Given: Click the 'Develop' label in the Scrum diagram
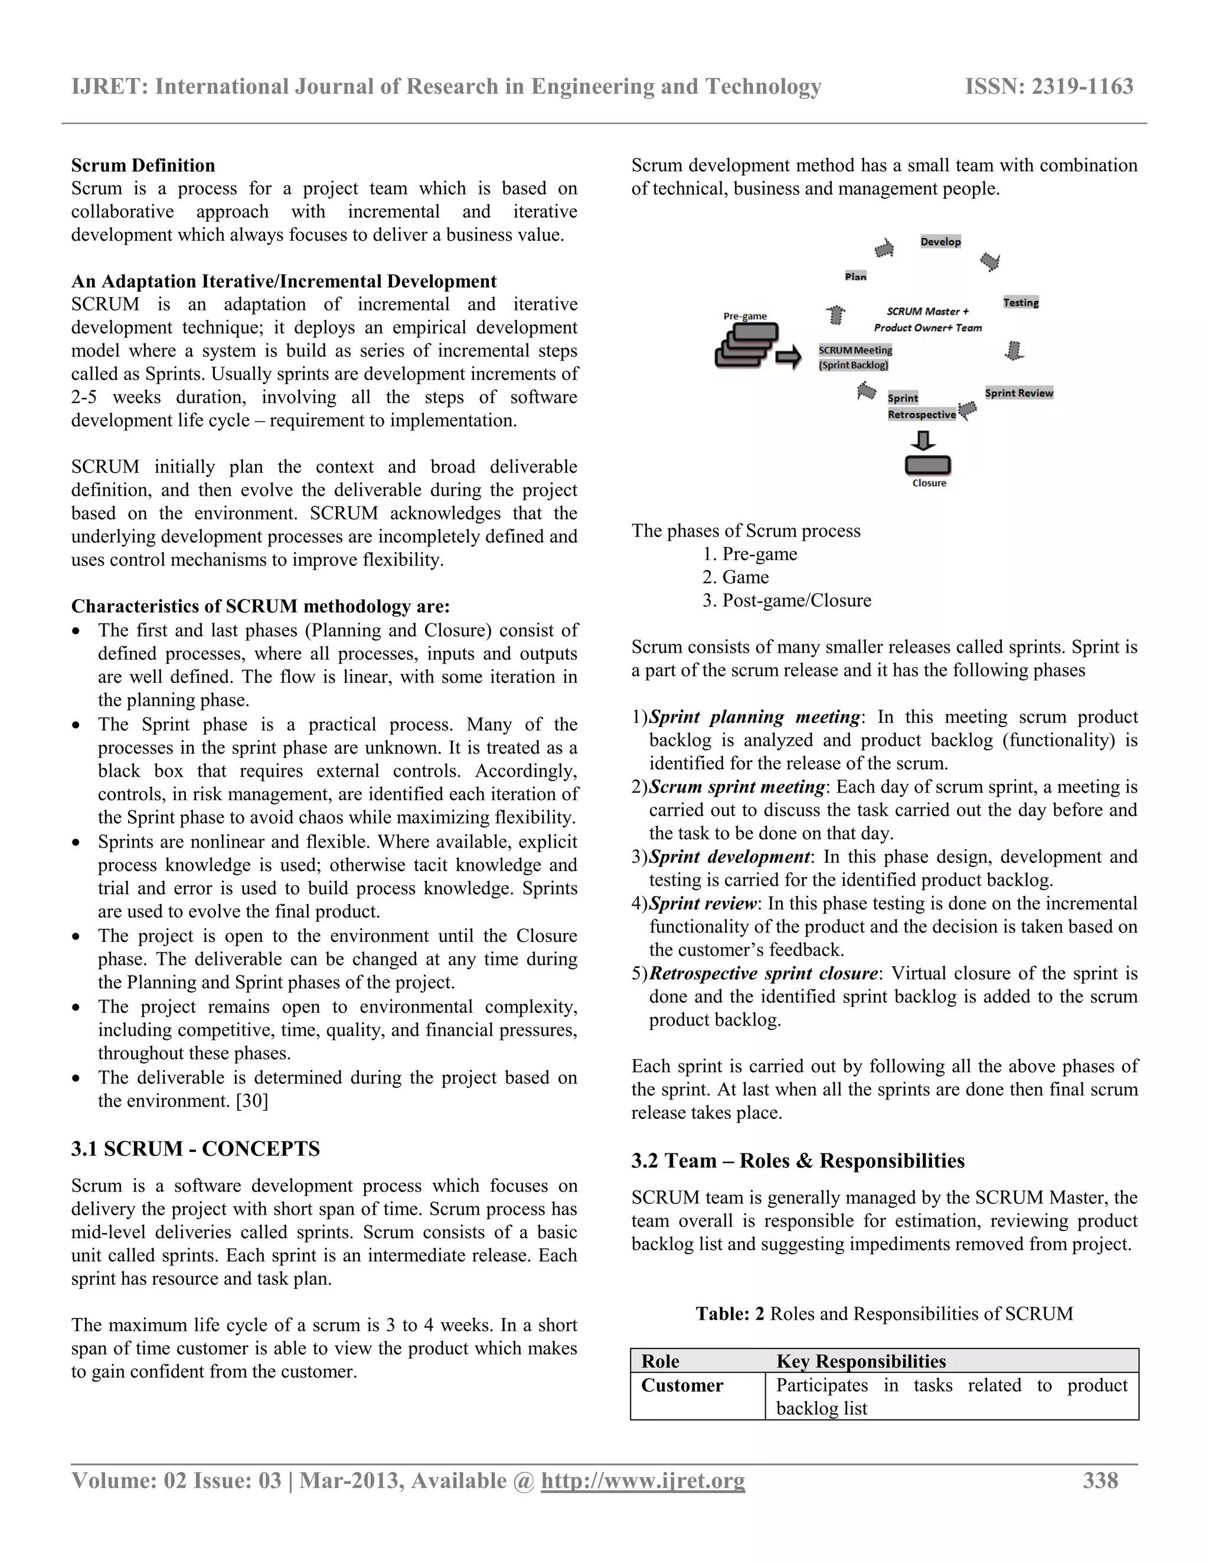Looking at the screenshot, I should pyautogui.click(x=940, y=242).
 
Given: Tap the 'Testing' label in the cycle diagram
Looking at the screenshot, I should pyautogui.click(x=1021, y=303).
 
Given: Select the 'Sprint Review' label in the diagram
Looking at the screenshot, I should pyautogui.click(x=1018, y=393).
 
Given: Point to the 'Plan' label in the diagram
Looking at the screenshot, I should pyautogui.click(x=855, y=276).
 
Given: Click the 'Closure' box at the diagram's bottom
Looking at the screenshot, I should pyautogui.click(x=928, y=466).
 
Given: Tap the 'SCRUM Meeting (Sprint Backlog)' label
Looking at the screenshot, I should pyautogui.click(x=855, y=357).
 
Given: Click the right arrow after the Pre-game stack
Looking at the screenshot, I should pyautogui.click(x=789, y=356).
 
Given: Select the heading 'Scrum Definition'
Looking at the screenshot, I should pyautogui.click(x=142, y=165).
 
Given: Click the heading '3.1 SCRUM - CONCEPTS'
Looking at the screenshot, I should pyautogui.click(x=195, y=1149).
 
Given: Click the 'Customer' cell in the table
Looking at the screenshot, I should pyautogui.click(x=682, y=1386).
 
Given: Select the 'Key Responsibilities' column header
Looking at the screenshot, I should pyautogui.click(x=861, y=1362).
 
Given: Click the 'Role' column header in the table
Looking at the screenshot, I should pyautogui.click(x=661, y=1362).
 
